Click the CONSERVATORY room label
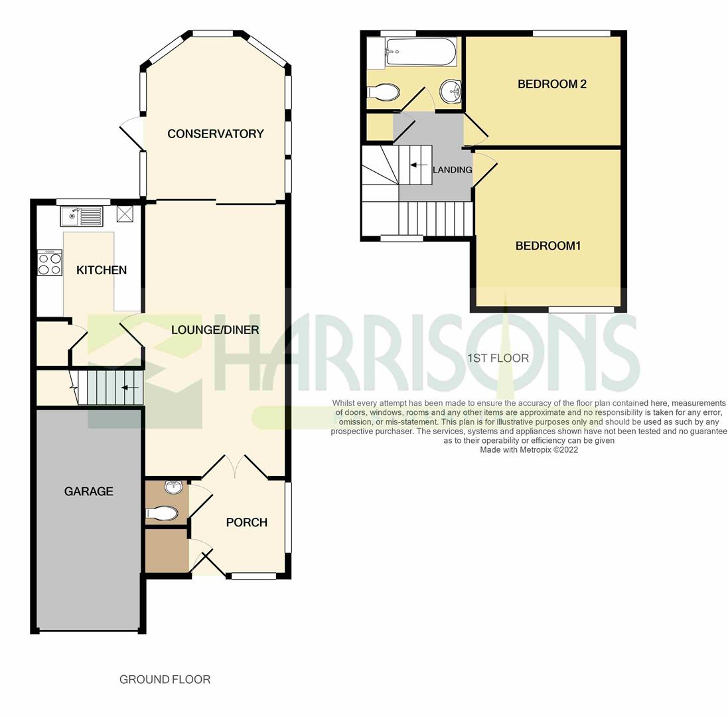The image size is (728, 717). [215, 134]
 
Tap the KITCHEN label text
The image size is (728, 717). [102, 270]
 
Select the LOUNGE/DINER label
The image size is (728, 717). [215, 330]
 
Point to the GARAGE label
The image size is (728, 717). [88, 491]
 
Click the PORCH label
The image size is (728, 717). [246, 522]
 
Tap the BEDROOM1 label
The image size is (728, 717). [548, 246]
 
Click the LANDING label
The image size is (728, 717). [452, 170]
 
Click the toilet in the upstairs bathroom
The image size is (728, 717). [384, 92]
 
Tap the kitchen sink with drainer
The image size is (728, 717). [81, 216]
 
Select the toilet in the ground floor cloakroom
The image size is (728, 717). [162, 513]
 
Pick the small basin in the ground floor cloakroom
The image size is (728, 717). [174, 487]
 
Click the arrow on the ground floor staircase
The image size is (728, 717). [130, 388]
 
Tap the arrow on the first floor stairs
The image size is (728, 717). [418, 165]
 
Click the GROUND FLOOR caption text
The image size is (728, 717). [165, 679]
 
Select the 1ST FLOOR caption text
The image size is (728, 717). [498, 358]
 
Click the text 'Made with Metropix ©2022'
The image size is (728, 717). [529, 449]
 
